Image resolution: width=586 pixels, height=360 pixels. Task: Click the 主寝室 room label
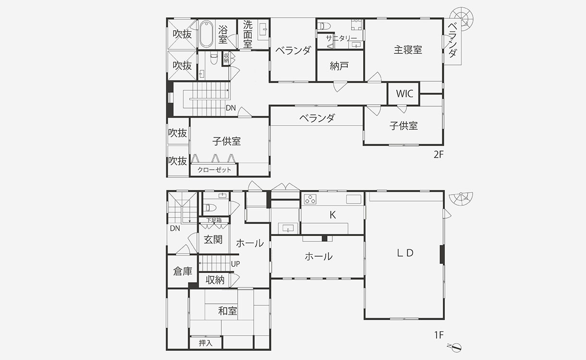click(408, 50)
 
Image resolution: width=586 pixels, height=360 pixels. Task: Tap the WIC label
click(404, 94)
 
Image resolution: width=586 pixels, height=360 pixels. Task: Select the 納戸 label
click(339, 66)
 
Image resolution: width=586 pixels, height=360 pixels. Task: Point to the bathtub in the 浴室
click(207, 34)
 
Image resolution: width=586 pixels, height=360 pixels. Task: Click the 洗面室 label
click(247, 34)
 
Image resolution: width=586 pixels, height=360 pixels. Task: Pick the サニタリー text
click(341, 38)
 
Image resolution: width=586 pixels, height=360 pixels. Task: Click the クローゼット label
click(214, 170)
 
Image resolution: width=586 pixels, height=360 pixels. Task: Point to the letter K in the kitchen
click(332, 215)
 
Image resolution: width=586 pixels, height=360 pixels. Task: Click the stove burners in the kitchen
click(310, 199)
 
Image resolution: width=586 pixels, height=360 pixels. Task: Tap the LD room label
click(405, 253)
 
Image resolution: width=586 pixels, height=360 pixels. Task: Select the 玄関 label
click(213, 239)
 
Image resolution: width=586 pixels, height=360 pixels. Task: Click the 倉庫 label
click(183, 272)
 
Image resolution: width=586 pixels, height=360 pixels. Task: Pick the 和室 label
click(228, 311)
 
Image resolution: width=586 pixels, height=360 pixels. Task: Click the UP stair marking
click(235, 264)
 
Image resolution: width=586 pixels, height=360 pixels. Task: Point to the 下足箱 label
click(214, 221)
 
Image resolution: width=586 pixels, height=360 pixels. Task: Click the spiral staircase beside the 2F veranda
click(464, 18)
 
